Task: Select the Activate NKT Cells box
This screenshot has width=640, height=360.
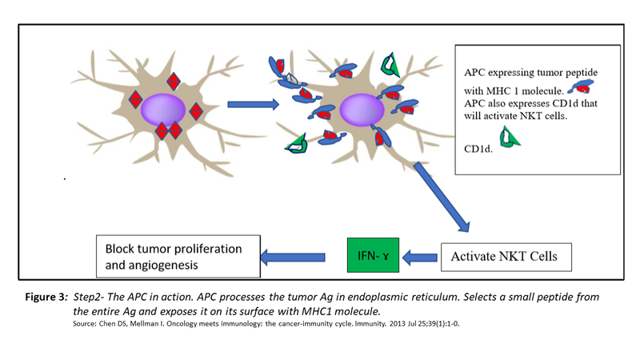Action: (x=506, y=257)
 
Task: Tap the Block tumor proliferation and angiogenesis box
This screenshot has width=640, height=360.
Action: (x=178, y=255)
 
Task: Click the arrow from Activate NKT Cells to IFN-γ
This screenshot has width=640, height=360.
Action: (x=418, y=258)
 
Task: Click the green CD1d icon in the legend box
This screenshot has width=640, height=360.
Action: (x=507, y=137)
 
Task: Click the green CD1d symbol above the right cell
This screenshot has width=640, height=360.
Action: (x=391, y=62)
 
